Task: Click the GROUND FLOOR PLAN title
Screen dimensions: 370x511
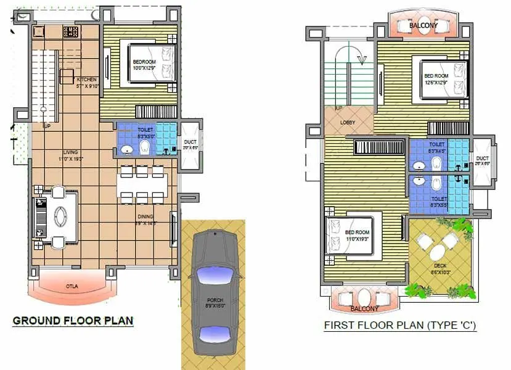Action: coord(73,321)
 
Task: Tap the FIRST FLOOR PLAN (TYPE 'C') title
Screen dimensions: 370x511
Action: coord(401,326)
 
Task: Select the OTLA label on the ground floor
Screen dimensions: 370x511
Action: coord(72,287)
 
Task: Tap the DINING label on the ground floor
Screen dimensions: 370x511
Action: coord(145,220)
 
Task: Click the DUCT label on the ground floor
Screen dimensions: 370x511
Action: coord(190,144)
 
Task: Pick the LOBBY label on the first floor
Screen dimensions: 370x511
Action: coord(348,122)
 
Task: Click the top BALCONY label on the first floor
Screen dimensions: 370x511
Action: coord(425,26)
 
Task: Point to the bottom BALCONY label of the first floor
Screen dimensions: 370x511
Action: coord(364,308)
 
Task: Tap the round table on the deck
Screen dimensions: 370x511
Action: coord(438,252)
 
